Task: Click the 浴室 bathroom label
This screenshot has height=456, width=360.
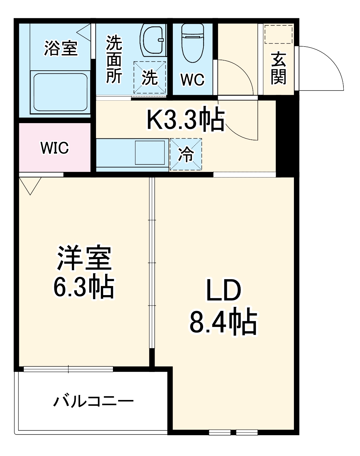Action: point(61,48)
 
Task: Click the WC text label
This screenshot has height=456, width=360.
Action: point(192,79)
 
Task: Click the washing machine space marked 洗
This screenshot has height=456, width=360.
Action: point(150,78)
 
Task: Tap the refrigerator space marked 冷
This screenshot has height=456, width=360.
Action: point(186,154)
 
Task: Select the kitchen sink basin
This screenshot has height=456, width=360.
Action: point(150,152)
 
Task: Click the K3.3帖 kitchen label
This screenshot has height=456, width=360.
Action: point(186,120)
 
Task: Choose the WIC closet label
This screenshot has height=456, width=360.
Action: point(55,148)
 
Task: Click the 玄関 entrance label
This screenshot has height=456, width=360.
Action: point(278,68)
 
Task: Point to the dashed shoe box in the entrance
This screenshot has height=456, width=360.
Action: point(279,34)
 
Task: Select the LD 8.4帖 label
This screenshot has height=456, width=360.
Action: point(223,306)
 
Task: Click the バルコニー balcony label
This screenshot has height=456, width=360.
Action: point(93,401)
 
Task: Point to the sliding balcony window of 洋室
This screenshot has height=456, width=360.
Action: point(68,369)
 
